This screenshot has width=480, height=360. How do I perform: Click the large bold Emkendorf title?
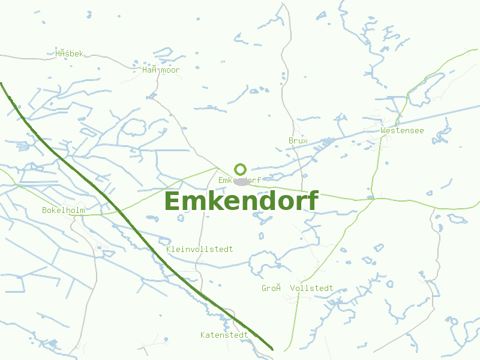[241, 202]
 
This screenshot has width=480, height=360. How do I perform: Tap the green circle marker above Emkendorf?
[241, 169]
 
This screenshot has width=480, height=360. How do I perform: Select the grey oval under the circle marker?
[242, 181]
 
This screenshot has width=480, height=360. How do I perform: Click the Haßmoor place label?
[161, 70]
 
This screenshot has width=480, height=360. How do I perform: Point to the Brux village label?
[298, 141]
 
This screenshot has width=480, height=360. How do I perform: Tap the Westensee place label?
[402, 130]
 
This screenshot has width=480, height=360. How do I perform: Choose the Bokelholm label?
[64, 211]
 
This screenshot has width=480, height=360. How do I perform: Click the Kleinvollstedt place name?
[199, 249]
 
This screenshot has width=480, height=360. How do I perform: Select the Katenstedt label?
[224, 335]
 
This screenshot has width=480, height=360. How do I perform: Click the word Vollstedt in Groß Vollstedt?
[311, 289]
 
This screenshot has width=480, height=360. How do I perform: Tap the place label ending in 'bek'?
[70, 54]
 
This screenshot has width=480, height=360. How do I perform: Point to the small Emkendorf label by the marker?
[239, 180]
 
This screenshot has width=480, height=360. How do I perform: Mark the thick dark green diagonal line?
[120, 211]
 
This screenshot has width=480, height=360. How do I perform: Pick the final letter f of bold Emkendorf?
[312, 201]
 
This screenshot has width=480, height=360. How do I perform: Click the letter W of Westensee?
[383, 130]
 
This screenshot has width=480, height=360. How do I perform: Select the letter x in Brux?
[305, 141]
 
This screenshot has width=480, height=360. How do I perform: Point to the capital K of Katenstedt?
[203, 335]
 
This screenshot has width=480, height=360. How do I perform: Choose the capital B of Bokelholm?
[44, 211]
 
